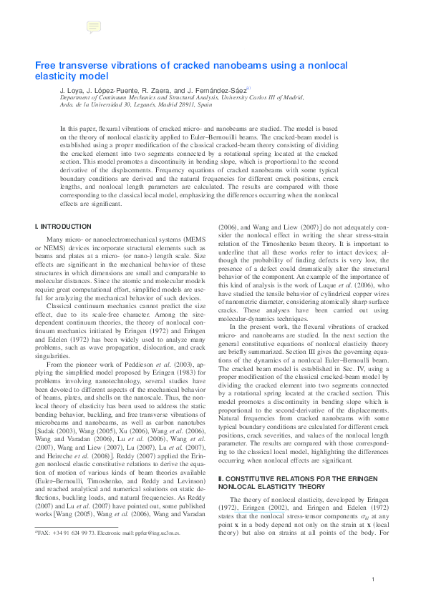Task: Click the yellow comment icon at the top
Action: pyautogui.click(x=93, y=28)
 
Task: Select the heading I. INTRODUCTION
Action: pyautogui.click(x=60, y=227)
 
